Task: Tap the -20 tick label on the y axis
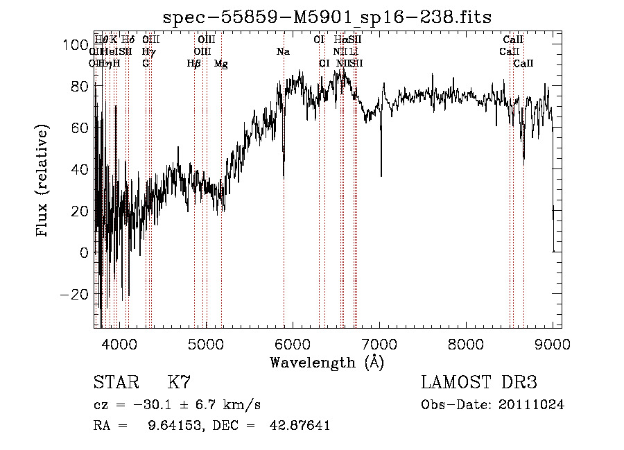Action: click(75, 295)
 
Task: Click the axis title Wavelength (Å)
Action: click(327, 362)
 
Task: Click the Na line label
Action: click(283, 51)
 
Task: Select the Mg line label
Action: click(221, 63)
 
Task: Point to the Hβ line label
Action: click(194, 63)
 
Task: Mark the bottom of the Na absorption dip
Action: click(284, 177)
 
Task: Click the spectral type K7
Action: click(179, 383)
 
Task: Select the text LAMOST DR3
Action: click(479, 383)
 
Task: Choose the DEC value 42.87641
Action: click(300, 426)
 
